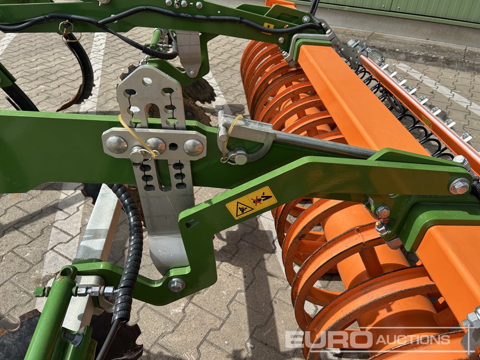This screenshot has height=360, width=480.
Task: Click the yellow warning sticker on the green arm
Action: [252, 203]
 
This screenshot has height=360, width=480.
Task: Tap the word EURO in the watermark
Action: [329, 339]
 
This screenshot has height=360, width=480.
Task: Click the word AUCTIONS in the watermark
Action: [413, 339]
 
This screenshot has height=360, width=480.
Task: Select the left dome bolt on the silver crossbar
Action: [116, 144]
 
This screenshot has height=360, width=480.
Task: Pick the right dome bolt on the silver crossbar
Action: [193, 147]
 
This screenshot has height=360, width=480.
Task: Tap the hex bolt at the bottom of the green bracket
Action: [177, 285]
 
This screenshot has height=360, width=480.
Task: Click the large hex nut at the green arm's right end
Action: [459, 186]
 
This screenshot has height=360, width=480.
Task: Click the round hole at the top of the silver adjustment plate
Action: [147, 82]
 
